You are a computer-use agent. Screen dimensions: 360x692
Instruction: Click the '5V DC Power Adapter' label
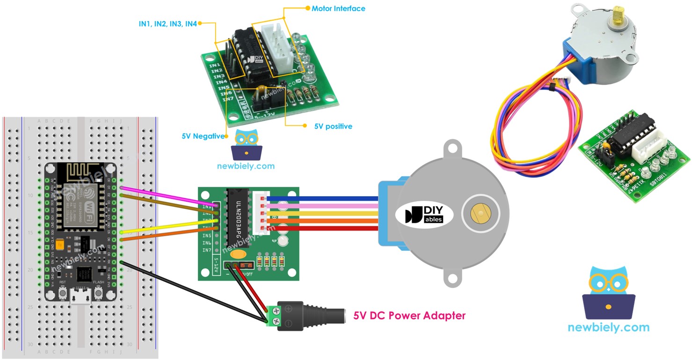pyautogui.click(x=409, y=316)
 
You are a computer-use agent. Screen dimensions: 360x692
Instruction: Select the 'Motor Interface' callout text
pyautogui.click(x=338, y=8)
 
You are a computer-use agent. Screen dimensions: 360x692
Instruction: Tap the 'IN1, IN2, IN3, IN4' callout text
pyautogui.click(x=168, y=23)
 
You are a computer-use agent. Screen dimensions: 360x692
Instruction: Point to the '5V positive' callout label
pyautogui.click(x=333, y=126)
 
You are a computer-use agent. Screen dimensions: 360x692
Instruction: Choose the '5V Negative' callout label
pyautogui.click(x=203, y=136)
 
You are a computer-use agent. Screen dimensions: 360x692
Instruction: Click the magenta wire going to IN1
pyautogui.click(x=168, y=197)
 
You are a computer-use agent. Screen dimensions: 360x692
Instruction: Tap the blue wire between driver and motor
pyautogui.click(x=323, y=198)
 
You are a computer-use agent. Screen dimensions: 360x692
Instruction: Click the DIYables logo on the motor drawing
pyautogui.click(x=424, y=214)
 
